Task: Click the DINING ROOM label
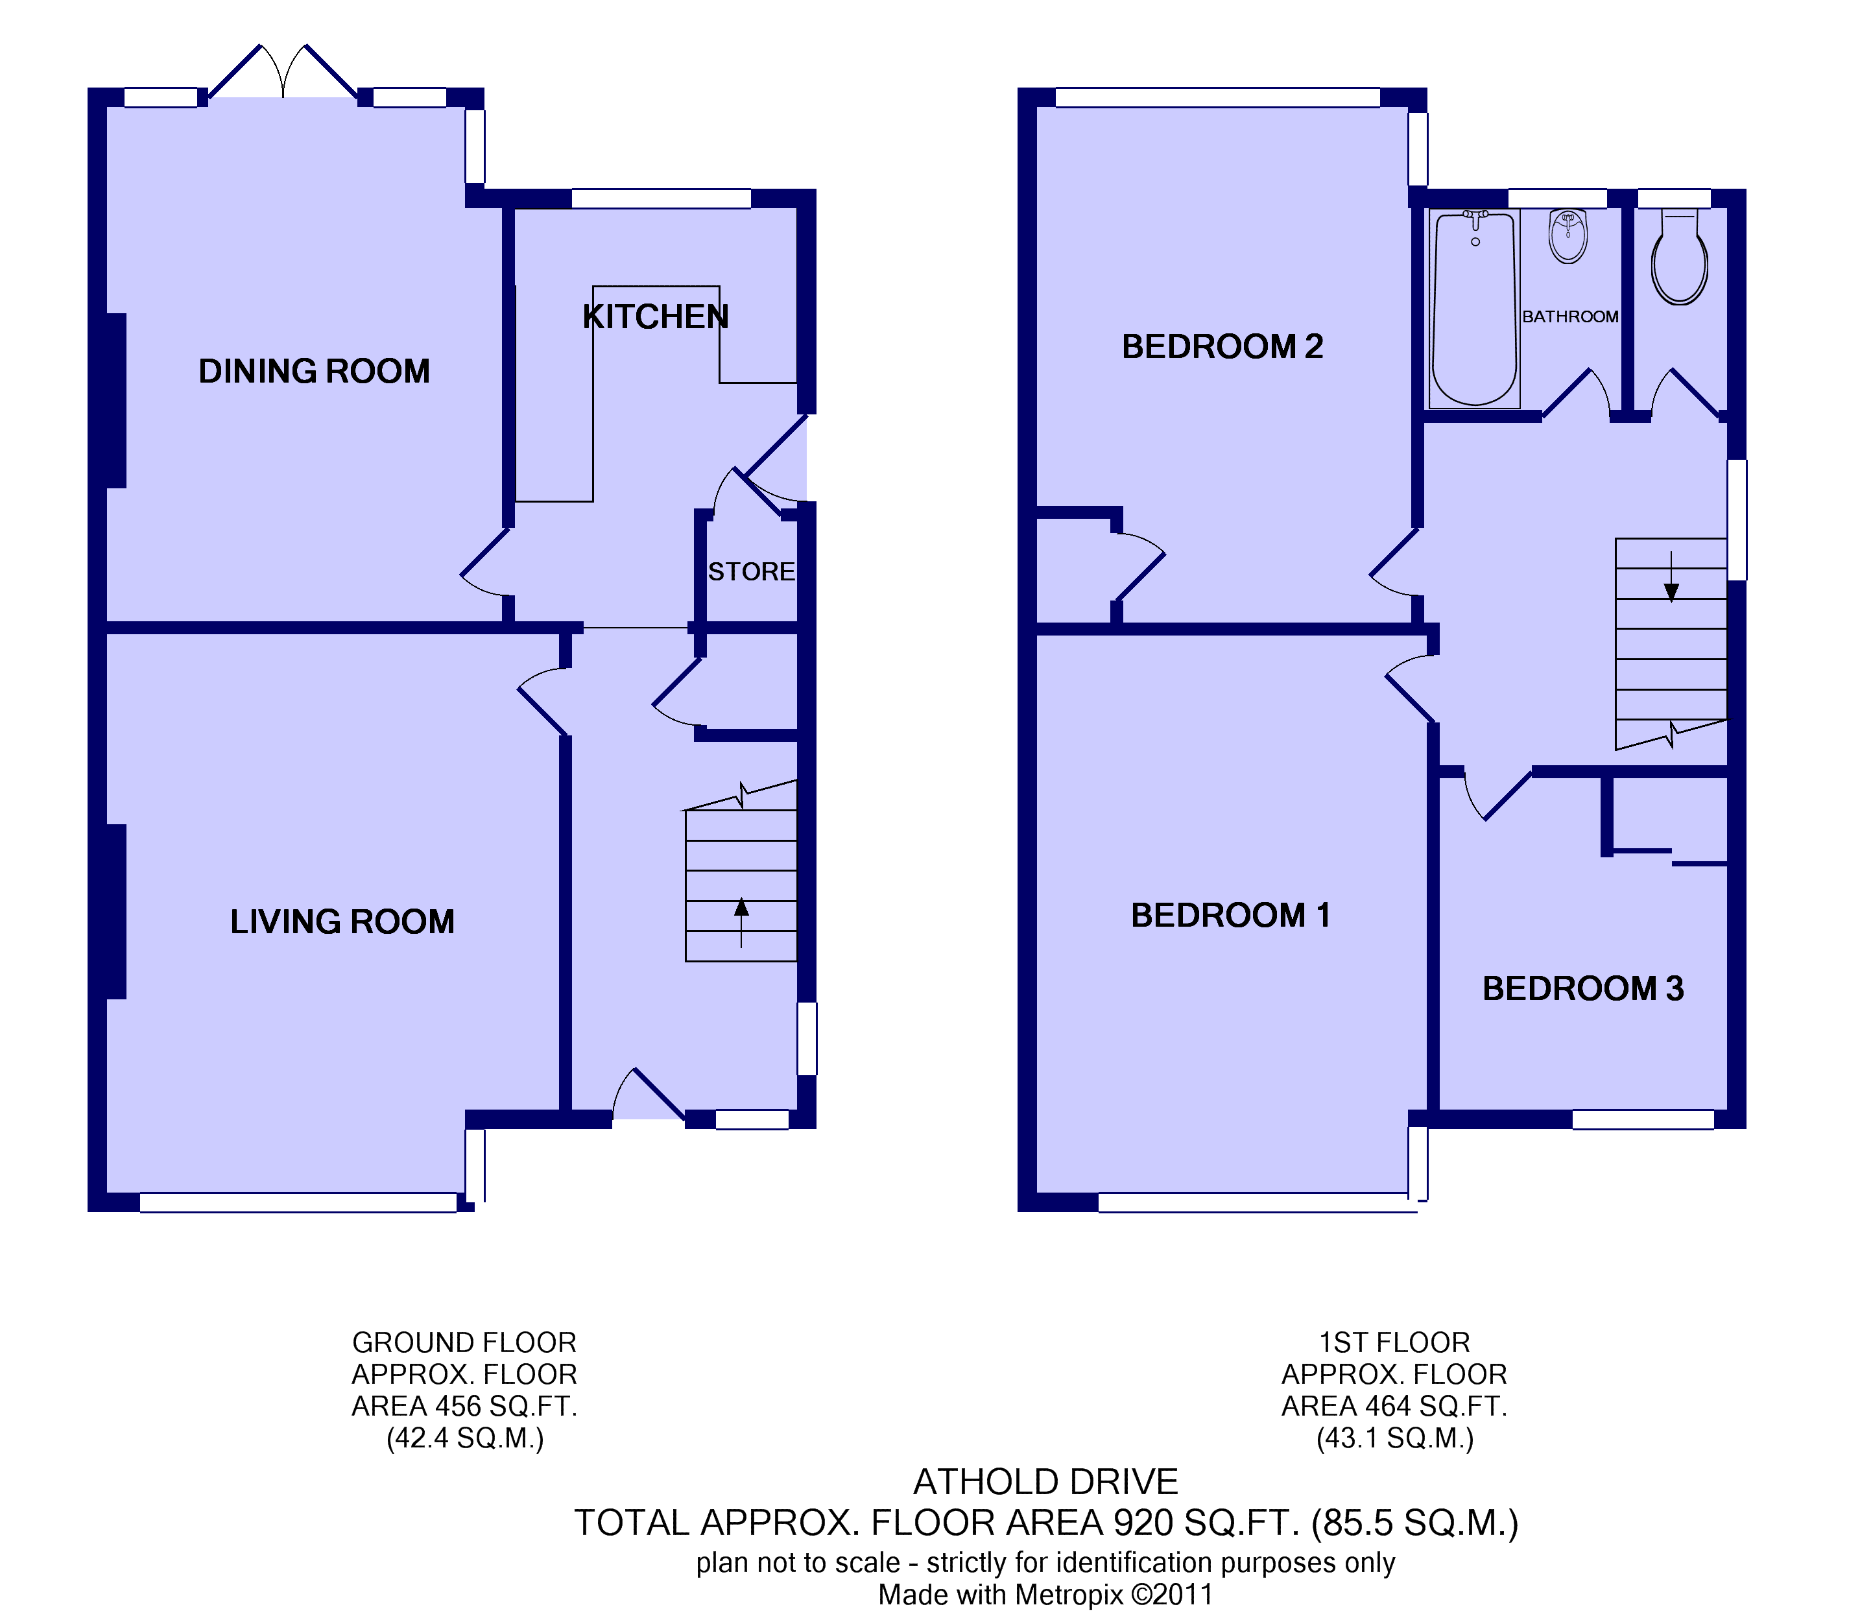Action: pos(313,371)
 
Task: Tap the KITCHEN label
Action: pos(656,317)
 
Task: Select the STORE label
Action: pos(751,571)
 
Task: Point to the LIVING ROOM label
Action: pos(342,922)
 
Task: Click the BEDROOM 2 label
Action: pos(1222,347)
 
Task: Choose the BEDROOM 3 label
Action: pos(1583,989)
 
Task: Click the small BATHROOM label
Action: pos(1570,317)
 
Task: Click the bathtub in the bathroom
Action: pos(1475,309)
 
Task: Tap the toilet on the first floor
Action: pos(1680,259)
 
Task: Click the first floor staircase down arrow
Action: pos(1671,577)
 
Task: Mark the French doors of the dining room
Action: pos(283,71)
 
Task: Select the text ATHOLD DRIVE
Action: pos(1045,1482)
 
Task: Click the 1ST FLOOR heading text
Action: pos(1394,1342)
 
